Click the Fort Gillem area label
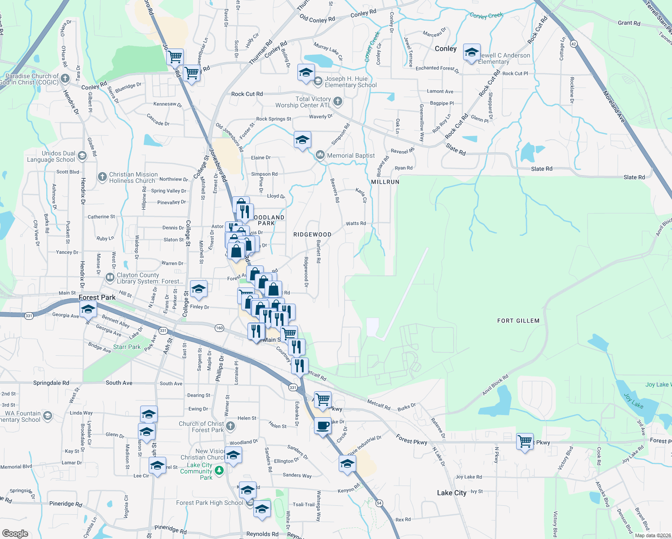point(518,321)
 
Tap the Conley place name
point(446,49)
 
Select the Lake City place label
point(451,493)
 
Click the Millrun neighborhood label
point(385,182)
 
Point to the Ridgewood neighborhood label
point(312,234)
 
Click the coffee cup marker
point(323,425)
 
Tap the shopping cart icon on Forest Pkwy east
point(525,442)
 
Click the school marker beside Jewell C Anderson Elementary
point(472,53)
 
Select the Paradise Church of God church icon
point(65,79)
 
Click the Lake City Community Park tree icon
point(219,471)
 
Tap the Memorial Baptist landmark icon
point(320,155)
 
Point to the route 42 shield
point(574,44)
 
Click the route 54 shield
point(380,503)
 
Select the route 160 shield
point(219,328)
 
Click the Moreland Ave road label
point(614,106)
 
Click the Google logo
point(15,534)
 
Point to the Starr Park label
point(127,347)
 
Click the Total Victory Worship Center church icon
point(338,102)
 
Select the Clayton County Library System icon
point(110,278)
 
